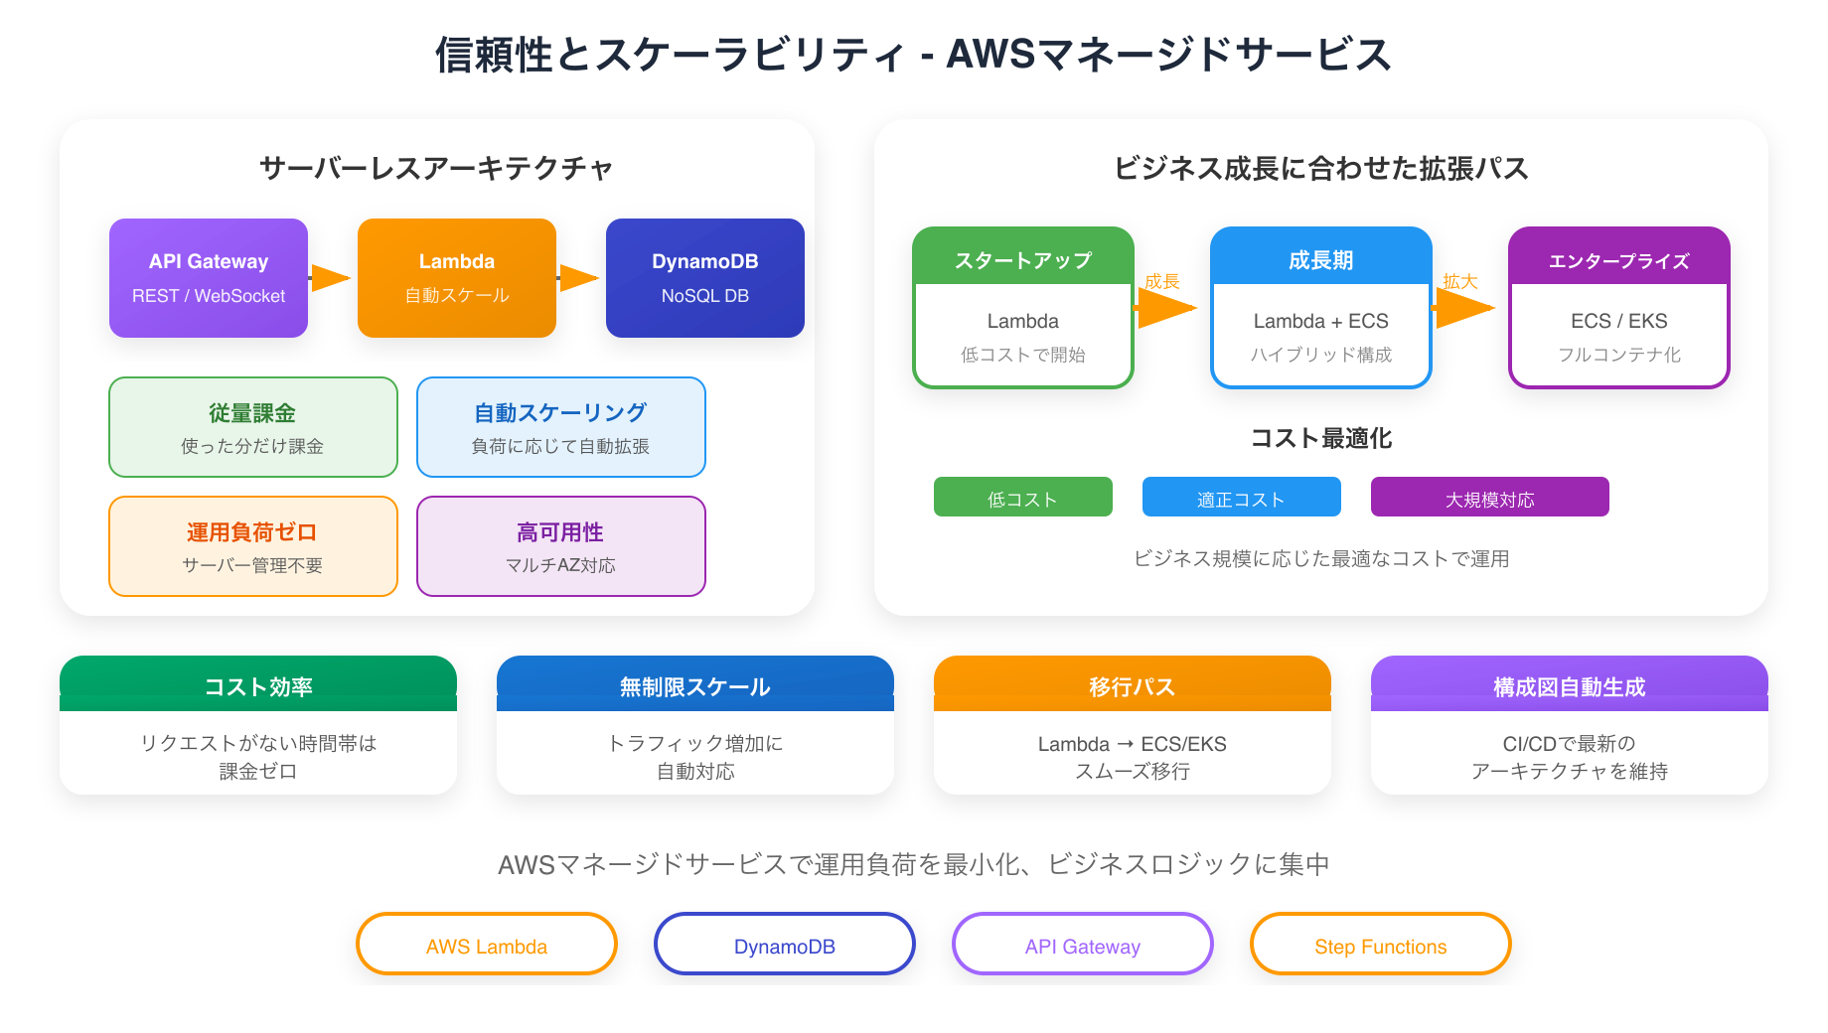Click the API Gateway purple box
[209, 278]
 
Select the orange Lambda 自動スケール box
[457, 278]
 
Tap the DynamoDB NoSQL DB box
[705, 278]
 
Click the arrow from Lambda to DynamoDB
[579, 278]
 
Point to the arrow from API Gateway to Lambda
[331, 278]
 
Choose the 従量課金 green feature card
[253, 427]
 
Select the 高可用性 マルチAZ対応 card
[561, 546]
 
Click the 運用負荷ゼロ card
[253, 546]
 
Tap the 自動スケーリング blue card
[561, 427]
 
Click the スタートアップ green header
[1023, 259]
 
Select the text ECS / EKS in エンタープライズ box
[1619, 321]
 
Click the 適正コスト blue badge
[1242, 497]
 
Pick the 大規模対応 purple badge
[1490, 497]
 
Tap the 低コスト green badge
[1023, 497]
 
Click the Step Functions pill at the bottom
[1381, 945]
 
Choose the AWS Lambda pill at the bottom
[487, 945]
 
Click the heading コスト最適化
[1321, 438]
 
